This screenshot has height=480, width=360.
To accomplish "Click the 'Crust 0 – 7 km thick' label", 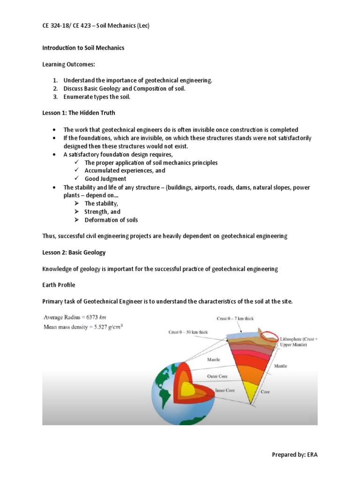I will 235,318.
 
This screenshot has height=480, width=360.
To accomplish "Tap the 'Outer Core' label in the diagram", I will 217,375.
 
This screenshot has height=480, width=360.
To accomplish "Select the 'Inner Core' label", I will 226,390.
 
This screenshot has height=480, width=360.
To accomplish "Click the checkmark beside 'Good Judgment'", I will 76,179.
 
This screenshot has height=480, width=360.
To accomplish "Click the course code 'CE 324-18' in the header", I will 58,26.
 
